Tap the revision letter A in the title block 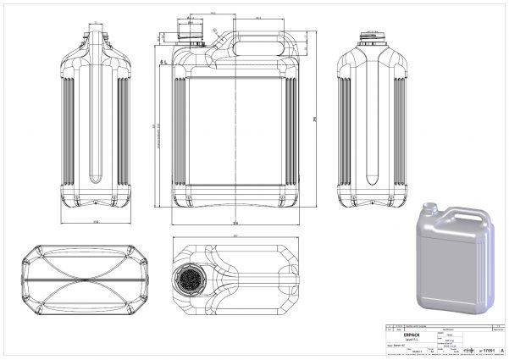point(501,349)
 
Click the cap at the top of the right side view point(372,36)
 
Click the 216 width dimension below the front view point(235,221)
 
